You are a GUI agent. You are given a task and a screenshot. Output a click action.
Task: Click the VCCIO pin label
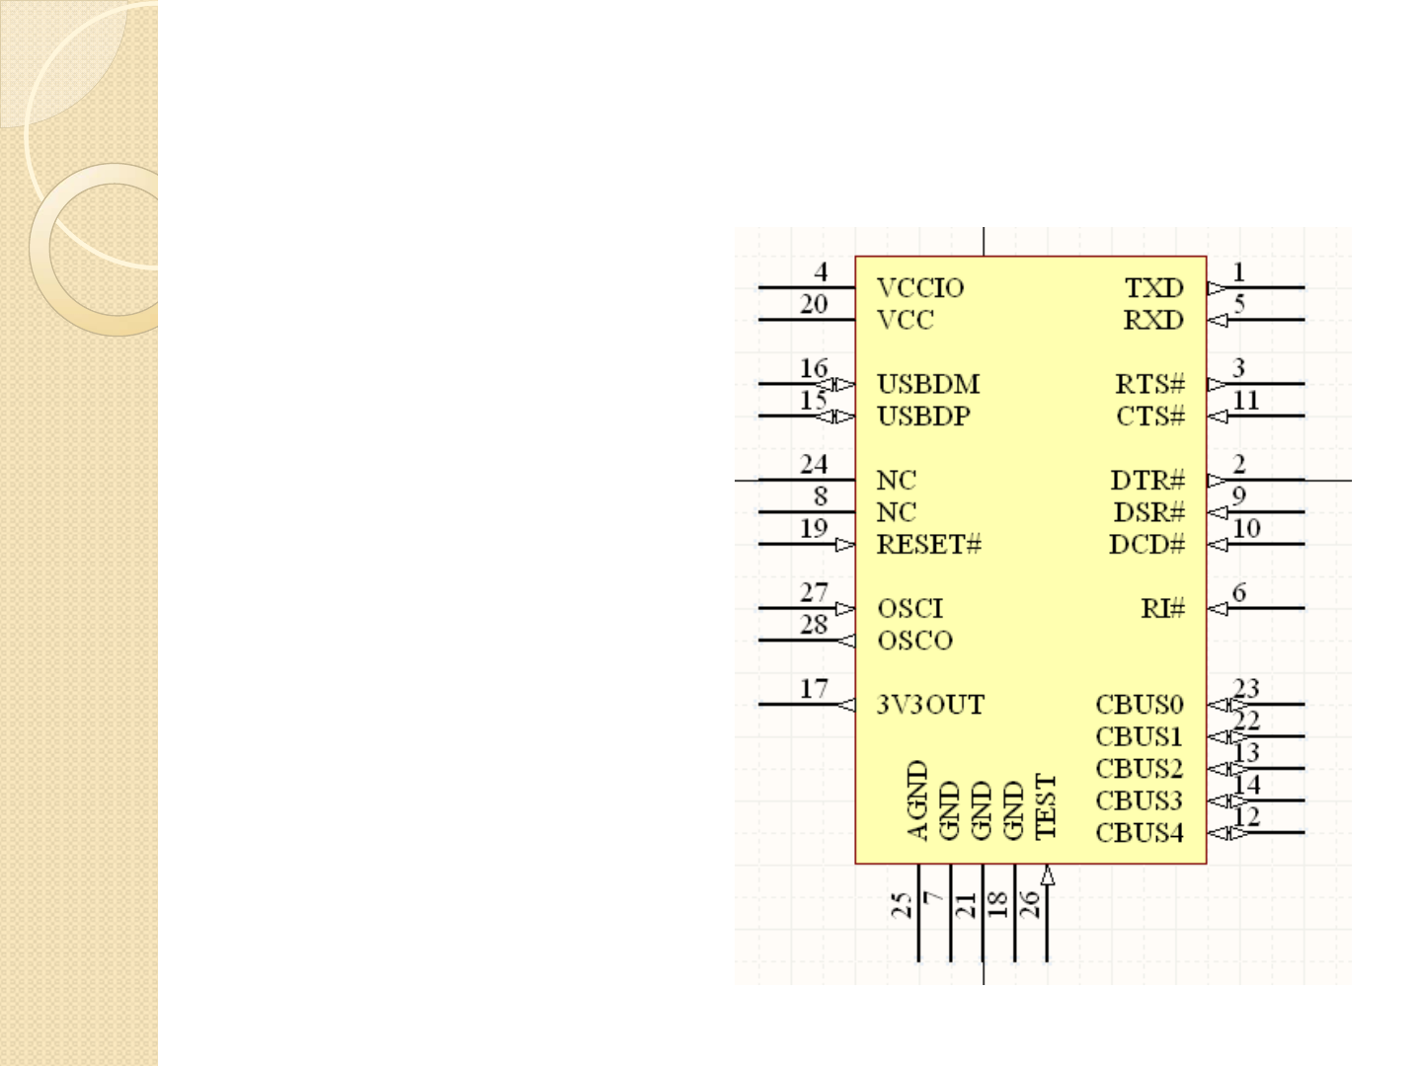(x=919, y=288)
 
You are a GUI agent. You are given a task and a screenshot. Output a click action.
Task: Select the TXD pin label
(x=1153, y=288)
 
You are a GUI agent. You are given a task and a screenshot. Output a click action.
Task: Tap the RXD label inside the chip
(x=1152, y=320)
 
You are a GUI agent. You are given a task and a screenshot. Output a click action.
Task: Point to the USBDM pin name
(x=927, y=384)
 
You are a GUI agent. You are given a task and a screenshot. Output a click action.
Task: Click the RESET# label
(x=928, y=544)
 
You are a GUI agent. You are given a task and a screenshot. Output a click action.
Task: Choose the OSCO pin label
(x=914, y=641)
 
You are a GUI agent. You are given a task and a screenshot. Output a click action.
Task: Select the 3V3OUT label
(x=930, y=705)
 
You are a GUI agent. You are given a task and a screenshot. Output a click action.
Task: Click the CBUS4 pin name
(x=1139, y=833)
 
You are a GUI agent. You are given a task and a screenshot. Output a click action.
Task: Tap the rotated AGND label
(x=917, y=799)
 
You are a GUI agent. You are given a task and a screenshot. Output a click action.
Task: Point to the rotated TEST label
(x=1046, y=806)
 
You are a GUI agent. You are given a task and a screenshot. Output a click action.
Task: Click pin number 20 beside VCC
(x=814, y=304)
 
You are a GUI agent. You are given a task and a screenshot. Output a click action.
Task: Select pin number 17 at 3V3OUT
(x=814, y=689)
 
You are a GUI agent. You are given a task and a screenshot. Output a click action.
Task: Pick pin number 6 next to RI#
(x=1239, y=592)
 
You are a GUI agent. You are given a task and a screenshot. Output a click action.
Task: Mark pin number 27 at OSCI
(x=814, y=592)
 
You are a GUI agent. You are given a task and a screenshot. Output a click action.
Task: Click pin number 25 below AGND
(x=902, y=905)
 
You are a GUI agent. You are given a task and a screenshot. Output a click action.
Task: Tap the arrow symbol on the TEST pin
(x=1047, y=876)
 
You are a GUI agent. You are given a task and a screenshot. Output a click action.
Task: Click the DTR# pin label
(x=1146, y=481)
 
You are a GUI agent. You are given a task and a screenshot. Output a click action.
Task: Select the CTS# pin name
(x=1149, y=417)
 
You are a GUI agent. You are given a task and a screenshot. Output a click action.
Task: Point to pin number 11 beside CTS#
(x=1246, y=400)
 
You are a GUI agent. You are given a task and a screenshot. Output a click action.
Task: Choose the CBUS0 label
(x=1139, y=705)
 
